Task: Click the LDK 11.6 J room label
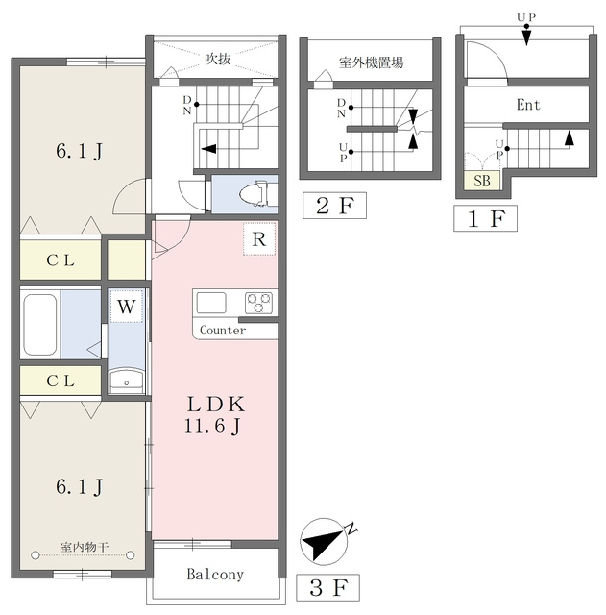pos(215,415)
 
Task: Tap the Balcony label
pos(215,575)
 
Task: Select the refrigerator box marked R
pos(259,239)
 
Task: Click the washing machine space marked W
pos(126,307)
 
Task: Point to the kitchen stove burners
pos(258,303)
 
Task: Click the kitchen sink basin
pos(211,303)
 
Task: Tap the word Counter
pos(223,331)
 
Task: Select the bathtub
pos(39,325)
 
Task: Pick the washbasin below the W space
pos(126,381)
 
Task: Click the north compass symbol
pos(325,542)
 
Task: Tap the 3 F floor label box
pos(327,587)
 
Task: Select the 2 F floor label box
pos(335,205)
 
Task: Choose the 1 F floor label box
pos(485,218)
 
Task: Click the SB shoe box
pos(482,181)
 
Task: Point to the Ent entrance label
pos(528,105)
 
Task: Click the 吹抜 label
pos(218,59)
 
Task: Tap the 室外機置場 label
pos(372,61)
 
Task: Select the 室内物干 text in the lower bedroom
pos(85,547)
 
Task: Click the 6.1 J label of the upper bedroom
pos(79,151)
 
